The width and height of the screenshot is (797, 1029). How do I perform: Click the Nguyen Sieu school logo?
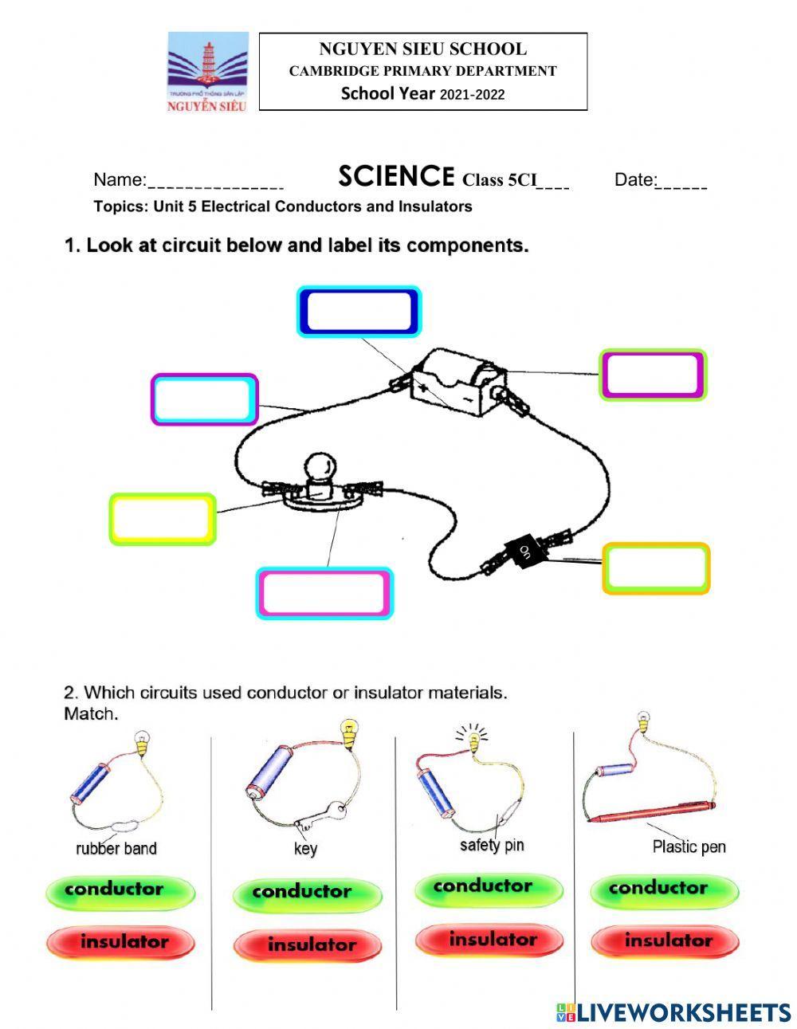point(207,73)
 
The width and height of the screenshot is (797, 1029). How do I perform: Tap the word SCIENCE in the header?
point(396,175)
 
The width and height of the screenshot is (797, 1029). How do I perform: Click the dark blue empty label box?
point(359,312)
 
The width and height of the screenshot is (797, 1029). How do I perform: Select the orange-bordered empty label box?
point(655,568)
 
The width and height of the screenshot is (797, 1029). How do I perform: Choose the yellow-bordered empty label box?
point(163,519)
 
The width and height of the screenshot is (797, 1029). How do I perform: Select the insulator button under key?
point(311,945)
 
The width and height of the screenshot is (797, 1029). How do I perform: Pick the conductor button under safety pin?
point(483,886)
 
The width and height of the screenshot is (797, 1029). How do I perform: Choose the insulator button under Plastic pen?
point(667,941)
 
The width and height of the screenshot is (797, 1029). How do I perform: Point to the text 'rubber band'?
point(116,848)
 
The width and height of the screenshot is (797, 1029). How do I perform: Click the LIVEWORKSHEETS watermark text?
point(683,1012)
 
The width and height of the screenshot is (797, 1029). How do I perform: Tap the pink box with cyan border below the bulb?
point(324,593)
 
